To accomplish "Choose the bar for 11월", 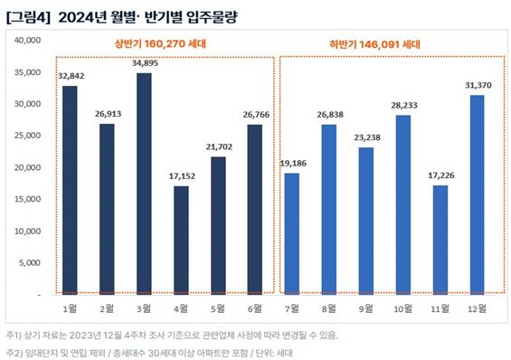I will pyautogui.click(x=439, y=240).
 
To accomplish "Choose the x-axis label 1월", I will pyautogui.click(x=70, y=308).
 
